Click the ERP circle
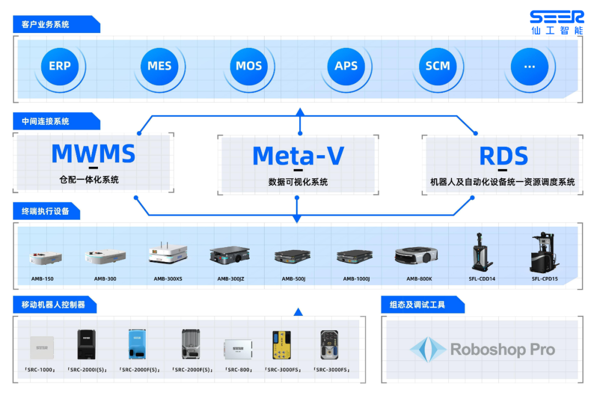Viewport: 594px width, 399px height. (59, 66)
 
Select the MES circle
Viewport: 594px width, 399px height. (159, 66)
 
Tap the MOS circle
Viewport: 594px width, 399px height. (249, 66)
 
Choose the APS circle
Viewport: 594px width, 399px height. (346, 66)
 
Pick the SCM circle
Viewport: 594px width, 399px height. (438, 66)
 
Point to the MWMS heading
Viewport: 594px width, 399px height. (94, 154)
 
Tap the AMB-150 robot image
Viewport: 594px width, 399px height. (45, 258)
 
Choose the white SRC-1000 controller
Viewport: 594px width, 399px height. (42, 347)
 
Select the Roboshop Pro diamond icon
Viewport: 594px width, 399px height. (427, 349)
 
